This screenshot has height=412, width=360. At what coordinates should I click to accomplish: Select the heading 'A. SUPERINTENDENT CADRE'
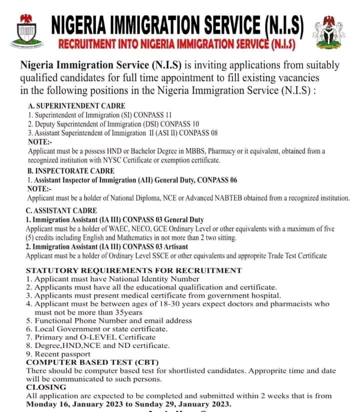(77, 106)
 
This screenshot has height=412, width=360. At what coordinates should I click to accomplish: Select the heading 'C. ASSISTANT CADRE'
(61, 210)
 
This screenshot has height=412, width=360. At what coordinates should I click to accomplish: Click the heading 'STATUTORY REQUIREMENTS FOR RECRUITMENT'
(133, 270)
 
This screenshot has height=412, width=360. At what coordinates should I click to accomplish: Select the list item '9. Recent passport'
(58, 354)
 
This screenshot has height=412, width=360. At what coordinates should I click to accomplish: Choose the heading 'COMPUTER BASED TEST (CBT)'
(83, 362)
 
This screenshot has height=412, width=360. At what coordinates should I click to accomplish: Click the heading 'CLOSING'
(46, 387)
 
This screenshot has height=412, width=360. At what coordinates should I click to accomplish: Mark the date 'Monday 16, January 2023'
(77, 403)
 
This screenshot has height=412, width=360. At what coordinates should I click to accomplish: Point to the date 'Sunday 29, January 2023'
(184, 403)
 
